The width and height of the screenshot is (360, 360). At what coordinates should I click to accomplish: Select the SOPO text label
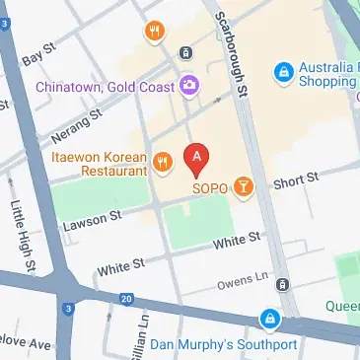(x=210, y=185)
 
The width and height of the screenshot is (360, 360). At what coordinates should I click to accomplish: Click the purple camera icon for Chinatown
(x=187, y=87)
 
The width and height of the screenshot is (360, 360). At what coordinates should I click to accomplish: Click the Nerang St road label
(x=79, y=122)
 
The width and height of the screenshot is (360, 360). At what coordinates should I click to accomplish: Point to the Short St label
(x=298, y=180)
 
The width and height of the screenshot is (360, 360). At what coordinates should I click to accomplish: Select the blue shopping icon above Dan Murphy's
(x=268, y=320)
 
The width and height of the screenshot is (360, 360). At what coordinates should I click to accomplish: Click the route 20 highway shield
(x=125, y=299)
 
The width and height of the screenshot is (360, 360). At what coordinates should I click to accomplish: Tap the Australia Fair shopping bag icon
(x=284, y=71)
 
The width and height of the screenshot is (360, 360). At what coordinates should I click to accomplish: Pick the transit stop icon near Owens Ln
(x=283, y=284)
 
